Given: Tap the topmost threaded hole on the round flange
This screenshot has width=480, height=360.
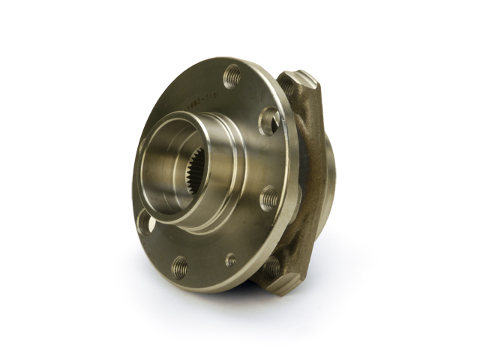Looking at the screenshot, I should (x=232, y=75).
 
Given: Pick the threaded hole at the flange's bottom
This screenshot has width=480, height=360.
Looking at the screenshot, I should (x=180, y=264).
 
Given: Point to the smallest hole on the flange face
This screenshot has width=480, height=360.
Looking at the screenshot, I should (x=230, y=259).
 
